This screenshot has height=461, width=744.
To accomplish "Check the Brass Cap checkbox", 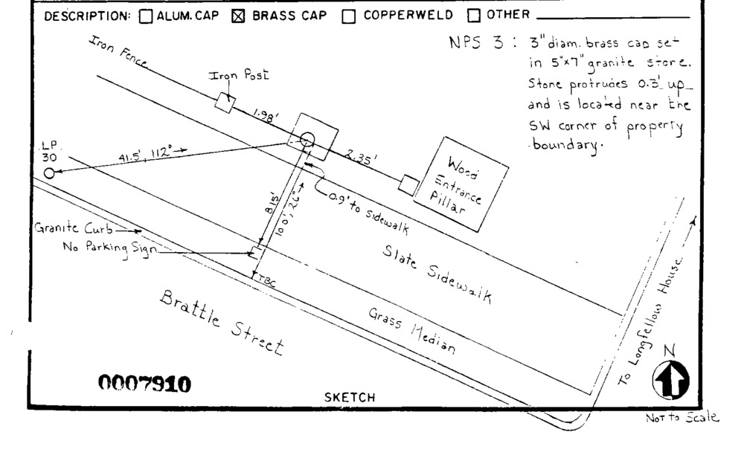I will (239, 16).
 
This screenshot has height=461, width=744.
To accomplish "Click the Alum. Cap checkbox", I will (147, 16).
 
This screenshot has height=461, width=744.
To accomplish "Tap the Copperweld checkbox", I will (348, 16).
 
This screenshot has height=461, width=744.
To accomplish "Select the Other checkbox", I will (473, 16).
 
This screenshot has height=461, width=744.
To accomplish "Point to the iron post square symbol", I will (225, 103).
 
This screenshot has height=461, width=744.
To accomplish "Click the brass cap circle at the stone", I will (308, 139).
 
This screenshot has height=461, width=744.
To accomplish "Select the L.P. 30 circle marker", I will (49, 173).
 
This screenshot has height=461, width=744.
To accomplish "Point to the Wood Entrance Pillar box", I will (461, 184).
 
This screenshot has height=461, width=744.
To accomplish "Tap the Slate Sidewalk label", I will (437, 273).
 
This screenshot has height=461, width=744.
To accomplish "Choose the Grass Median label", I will (411, 331).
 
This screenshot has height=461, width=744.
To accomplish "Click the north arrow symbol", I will (670, 381).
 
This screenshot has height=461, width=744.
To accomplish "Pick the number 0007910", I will (144, 384).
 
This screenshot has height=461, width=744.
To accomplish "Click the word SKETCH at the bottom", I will (350, 398).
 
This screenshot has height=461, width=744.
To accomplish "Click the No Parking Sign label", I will (110, 249).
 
